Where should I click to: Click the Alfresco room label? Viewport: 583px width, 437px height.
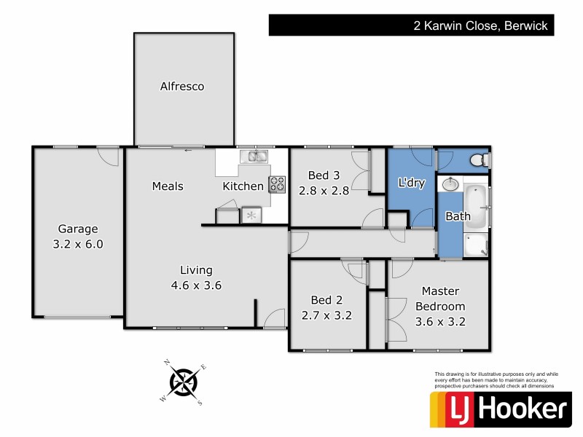[182, 87]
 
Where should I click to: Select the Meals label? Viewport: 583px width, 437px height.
[168, 186]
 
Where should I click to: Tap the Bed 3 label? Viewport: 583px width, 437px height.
[324, 175]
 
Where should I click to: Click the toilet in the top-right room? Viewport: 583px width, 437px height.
[478, 159]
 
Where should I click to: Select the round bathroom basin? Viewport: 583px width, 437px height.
[450, 184]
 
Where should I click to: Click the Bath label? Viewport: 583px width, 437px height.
[458, 216]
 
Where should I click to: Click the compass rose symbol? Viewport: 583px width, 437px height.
[184, 381]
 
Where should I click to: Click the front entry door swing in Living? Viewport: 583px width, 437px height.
[275, 318]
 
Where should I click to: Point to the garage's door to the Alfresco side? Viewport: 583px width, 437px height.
[108, 156]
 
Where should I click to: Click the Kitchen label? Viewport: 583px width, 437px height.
[243, 186]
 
